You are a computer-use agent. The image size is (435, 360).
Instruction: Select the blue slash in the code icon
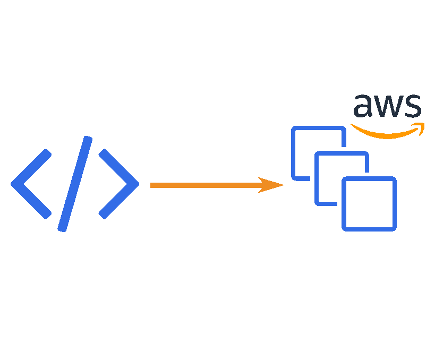75,184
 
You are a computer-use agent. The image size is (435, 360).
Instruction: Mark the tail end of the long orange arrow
152,185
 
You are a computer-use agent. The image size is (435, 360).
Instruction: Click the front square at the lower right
369,204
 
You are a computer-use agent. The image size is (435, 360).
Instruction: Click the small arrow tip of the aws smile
421,127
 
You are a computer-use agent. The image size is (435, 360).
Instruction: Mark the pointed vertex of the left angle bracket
13,184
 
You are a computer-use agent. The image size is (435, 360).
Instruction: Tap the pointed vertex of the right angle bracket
137,184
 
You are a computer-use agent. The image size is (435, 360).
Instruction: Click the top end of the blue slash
88,140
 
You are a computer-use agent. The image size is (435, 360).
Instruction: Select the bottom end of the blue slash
62,229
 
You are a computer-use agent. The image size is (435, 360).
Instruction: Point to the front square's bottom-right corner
395,229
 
